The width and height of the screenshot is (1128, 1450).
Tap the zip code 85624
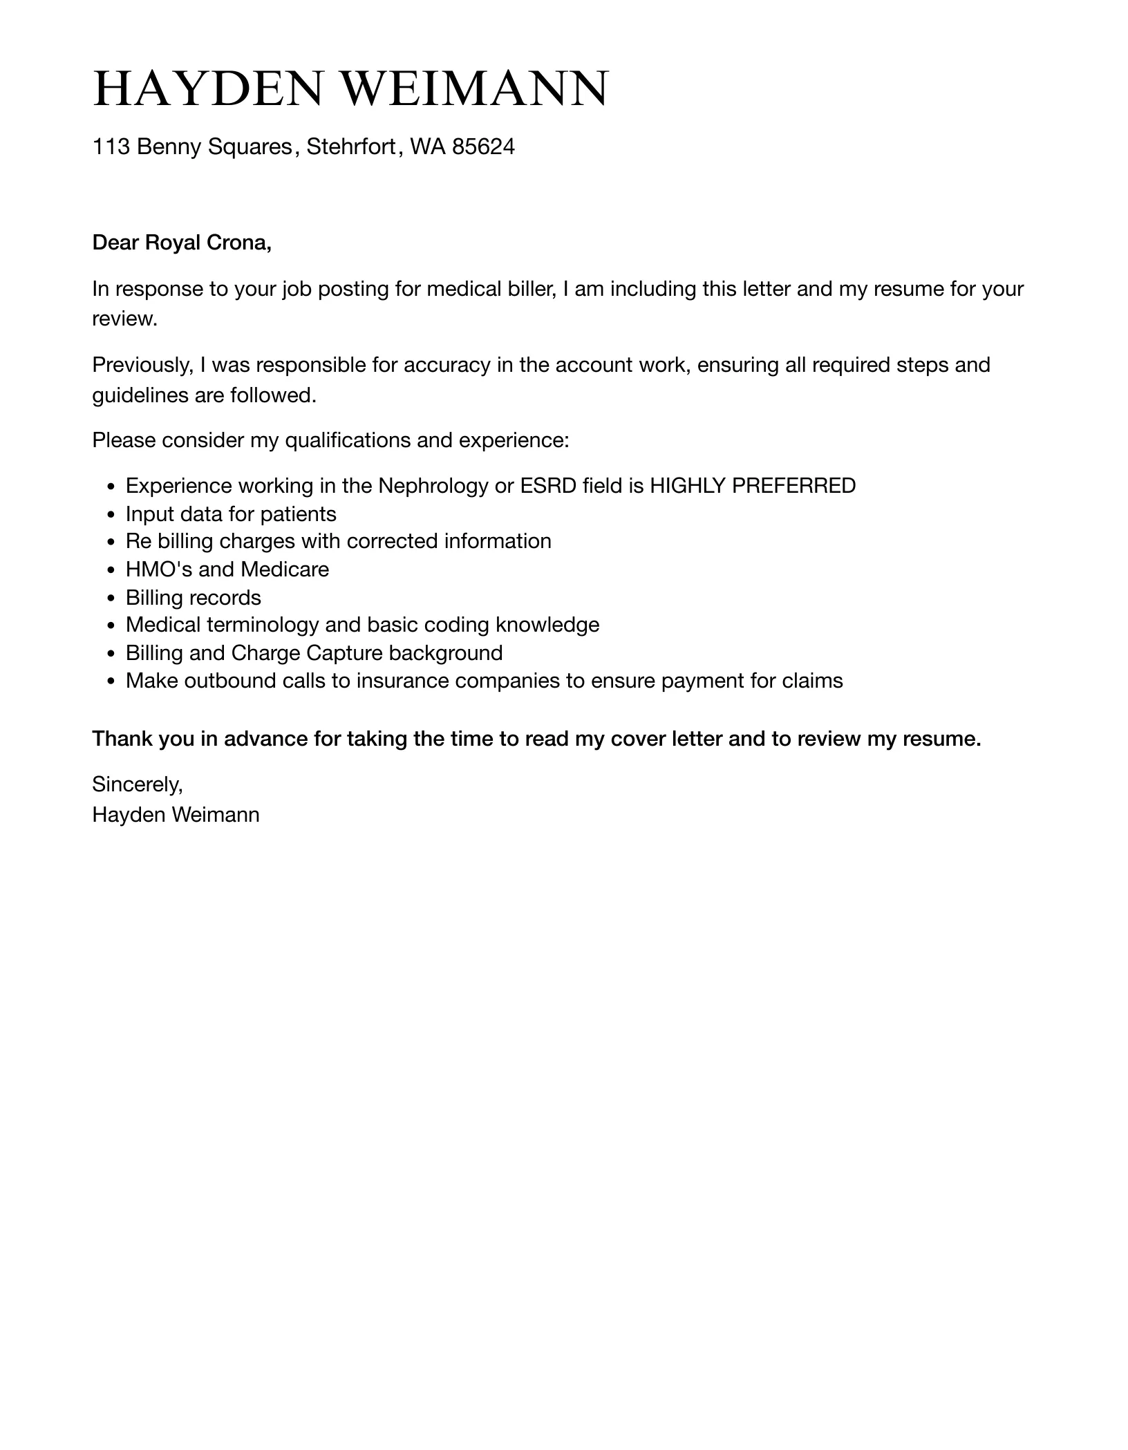483,147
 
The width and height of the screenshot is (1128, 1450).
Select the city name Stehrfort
350,147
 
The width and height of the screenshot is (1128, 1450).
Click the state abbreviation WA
428,147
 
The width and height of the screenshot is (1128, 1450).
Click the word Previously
142,364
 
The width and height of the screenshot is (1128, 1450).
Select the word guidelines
140,395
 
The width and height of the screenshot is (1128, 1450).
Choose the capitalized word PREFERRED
793,486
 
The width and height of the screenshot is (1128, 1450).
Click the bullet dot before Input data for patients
111,516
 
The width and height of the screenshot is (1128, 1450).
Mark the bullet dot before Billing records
111,599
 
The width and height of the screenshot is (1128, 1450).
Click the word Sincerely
137,784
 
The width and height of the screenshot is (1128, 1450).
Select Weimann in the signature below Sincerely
215,815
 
